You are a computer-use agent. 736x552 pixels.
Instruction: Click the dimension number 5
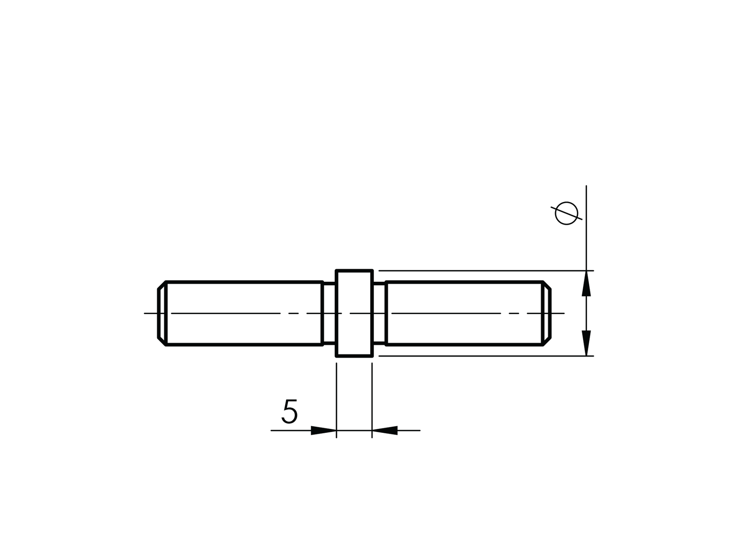click(x=290, y=411)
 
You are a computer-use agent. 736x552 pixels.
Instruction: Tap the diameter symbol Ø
click(x=566, y=213)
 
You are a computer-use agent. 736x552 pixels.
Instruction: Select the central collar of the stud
click(x=354, y=313)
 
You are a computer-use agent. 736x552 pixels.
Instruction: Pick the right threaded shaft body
click(x=464, y=313)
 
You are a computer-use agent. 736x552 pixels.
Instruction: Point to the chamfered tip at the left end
click(x=162, y=313)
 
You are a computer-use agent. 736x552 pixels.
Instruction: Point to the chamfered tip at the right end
click(x=547, y=313)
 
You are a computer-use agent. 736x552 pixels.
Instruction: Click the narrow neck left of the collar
click(x=329, y=313)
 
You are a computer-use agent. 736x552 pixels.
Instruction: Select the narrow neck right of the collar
click(x=379, y=313)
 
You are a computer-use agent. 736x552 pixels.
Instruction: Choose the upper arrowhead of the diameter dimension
click(x=586, y=283)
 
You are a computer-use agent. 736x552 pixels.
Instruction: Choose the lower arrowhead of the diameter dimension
click(x=586, y=343)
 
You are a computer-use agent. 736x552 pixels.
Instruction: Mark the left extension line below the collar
click(x=336, y=394)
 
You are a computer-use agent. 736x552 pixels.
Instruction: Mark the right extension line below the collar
click(x=372, y=394)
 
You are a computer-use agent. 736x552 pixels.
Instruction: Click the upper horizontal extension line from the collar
click(x=482, y=271)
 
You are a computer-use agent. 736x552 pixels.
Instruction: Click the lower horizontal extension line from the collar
click(x=482, y=356)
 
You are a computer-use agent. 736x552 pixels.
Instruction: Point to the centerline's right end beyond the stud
click(x=558, y=313)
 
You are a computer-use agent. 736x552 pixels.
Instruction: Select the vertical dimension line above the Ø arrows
click(x=586, y=228)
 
